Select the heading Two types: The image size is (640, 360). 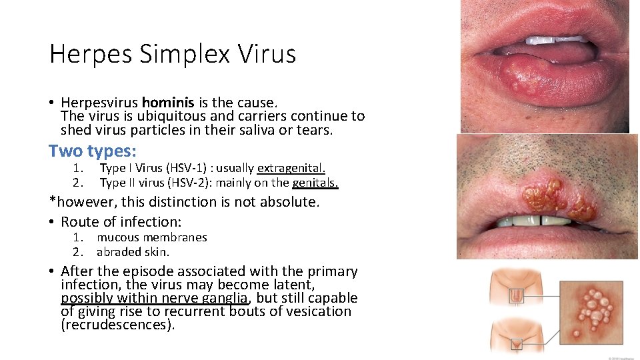pos(93,151)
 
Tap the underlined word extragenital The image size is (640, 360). pos(291,168)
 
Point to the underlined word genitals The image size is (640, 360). pos(315,183)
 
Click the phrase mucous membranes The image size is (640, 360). pos(152,237)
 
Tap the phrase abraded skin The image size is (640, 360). pos(133,252)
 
